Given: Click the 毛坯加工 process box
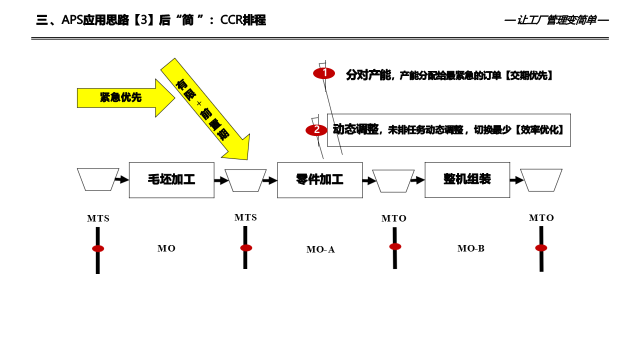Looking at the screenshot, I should tap(171, 180).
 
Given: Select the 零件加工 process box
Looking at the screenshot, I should tap(320, 180).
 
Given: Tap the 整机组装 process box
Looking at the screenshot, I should tap(467, 179).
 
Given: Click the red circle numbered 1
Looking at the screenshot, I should tap(324, 73).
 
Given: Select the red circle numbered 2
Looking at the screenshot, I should tap(316, 130).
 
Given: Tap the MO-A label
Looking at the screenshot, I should tap(320, 249).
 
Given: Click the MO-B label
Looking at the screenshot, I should tap(471, 248).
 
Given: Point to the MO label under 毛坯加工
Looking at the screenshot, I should tap(166, 248).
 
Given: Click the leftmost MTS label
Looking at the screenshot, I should tap(98, 218).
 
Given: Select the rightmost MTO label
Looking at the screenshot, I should tap(541, 218).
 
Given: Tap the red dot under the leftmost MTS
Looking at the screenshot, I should tap(98, 248).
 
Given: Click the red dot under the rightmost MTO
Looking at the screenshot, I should tap(541, 248).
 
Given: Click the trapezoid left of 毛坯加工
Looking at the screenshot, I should tap(98, 179).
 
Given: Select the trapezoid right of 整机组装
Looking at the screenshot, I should tap(541, 180).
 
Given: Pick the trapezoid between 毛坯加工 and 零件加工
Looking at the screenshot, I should tap(245, 180).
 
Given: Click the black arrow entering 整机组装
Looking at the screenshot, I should tap(418, 180).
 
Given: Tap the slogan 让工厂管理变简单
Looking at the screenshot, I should tap(556, 20).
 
